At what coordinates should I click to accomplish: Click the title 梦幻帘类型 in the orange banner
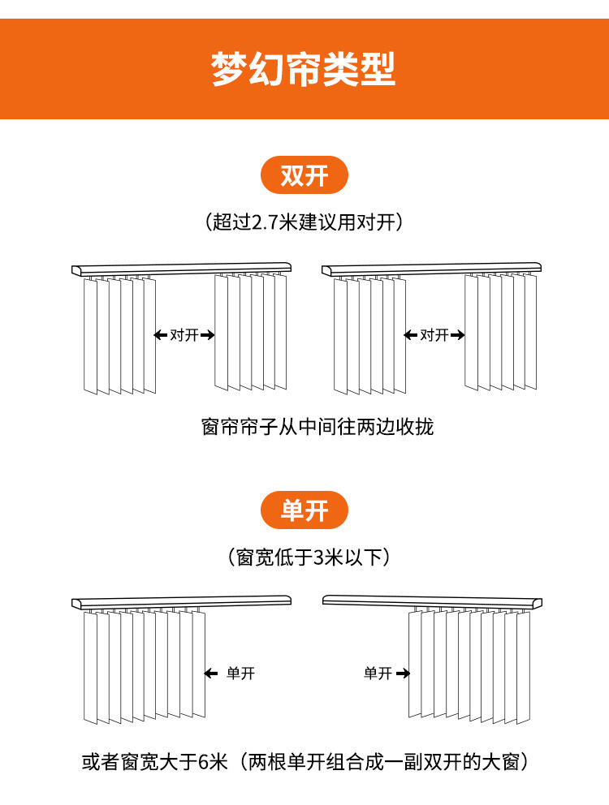click(x=303, y=69)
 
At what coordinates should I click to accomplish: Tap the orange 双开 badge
click(x=304, y=175)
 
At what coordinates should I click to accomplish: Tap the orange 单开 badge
click(x=304, y=510)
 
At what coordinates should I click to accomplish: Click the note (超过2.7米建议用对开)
click(x=304, y=222)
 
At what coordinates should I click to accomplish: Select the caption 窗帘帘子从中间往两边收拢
click(x=317, y=427)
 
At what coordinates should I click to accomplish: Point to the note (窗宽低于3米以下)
click(x=309, y=557)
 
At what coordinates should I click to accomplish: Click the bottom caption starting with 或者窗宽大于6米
click(x=305, y=762)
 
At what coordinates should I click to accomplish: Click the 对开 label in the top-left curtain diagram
click(x=184, y=335)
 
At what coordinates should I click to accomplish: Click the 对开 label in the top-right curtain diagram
click(x=434, y=335)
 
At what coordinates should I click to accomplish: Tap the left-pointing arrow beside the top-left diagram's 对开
click(x=161, y=335)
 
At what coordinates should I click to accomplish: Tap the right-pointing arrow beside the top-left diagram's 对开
click(x=208, y=335)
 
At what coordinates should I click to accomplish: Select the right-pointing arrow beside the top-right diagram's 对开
click(x=458, y=335)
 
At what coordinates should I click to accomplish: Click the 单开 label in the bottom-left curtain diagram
click(x=240, y=673)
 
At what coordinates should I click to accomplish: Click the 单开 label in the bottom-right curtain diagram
click(x=378, y=673)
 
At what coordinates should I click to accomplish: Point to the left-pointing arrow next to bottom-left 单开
click(x=210, y=673)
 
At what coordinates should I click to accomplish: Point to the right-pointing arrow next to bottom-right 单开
click(x=403, y=673)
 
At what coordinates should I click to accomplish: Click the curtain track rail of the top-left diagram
click(x=181, y=269)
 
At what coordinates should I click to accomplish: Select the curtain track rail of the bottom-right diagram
click(x=432, y=602)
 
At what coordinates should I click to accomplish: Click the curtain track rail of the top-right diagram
click(x=432, y=269)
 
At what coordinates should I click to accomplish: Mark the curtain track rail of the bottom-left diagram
click(x=181, y=602)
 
